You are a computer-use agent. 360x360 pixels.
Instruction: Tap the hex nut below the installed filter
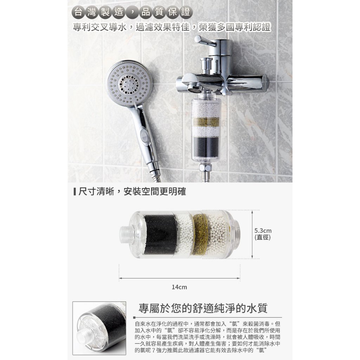click(205, 168)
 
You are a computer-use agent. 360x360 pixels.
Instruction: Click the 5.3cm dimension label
click(263, 231)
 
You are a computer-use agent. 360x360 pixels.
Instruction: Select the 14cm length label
click(179, 287)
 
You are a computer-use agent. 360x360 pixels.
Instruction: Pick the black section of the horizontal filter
click(160, 234)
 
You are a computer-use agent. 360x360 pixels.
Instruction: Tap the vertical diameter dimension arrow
click(252, 234)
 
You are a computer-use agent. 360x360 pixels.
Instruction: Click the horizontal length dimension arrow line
click(180, 278)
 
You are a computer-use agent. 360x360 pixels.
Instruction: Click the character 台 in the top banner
click(78, 12)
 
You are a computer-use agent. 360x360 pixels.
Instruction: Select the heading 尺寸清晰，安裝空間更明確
click(132, 192)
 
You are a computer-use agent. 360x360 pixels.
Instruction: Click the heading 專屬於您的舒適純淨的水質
click(203, 308)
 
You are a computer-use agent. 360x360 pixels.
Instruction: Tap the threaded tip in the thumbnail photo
click(83, 336)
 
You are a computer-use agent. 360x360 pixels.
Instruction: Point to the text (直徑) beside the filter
click(263, 237)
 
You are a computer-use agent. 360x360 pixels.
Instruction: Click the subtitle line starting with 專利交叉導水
click(172, 27)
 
